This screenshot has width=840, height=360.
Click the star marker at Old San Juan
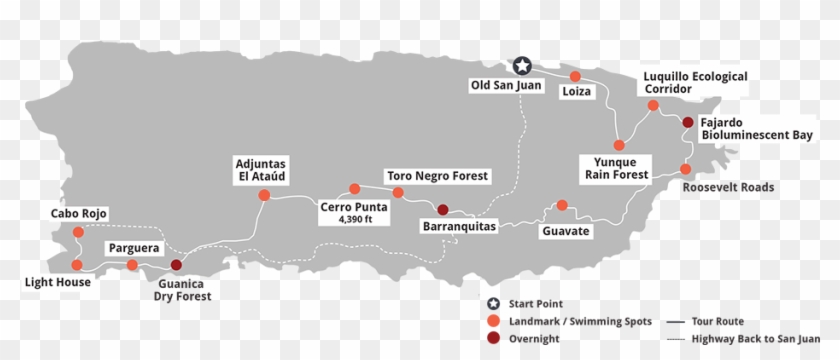[x=521, y=66]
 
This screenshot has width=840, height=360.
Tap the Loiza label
[x=577, y=93]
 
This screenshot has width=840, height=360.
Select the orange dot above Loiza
[x=575, y=76]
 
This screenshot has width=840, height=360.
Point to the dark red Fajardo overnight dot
[x=687, y=122]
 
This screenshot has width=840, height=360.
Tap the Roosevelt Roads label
[x=728, y=187]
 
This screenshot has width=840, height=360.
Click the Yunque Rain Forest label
[x=615, y=167]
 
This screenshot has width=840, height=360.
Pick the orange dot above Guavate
[x=562, y=205]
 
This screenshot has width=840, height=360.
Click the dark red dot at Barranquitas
[x=442, y=209]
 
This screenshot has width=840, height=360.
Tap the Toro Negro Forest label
[x=438, y=176]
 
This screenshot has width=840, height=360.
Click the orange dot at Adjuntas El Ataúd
[x=264, y=195]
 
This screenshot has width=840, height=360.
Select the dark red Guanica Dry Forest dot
[x=176, y=265]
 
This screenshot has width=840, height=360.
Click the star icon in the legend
[x=493, y=304]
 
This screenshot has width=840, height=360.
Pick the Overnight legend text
[x=535, y=338]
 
